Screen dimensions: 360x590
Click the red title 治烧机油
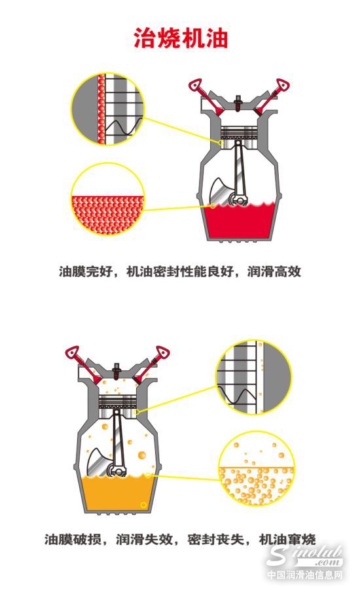click(x=181, y=38)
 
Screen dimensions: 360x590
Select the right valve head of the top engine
click(x=283, y=86)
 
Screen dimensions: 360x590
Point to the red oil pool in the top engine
click(x=240, y=221)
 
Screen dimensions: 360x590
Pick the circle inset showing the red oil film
click(x=108, y=109)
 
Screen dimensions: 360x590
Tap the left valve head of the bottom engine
click(x=72, y=353)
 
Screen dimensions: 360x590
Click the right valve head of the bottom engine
click(x=162, y=353)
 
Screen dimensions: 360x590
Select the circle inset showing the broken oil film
click(x=253, y=377)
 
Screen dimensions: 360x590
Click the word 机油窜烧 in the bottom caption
click(x=287, y=539)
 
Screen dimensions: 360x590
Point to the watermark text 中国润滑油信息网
click(x=305, y=575)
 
